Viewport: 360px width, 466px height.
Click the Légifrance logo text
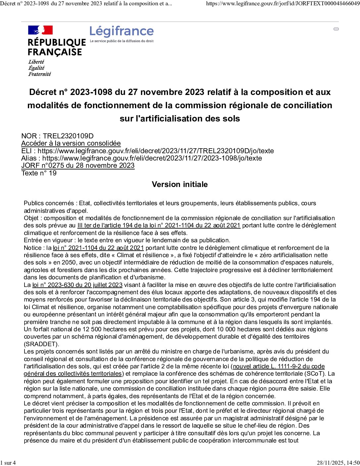[121, 31]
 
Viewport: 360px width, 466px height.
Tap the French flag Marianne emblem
[40, 30]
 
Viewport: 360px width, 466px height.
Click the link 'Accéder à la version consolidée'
[71, 143]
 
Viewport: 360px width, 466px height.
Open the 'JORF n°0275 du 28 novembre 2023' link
[78, 165]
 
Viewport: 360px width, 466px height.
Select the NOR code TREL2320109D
[68, 136]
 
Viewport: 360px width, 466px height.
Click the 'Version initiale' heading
[180, 184]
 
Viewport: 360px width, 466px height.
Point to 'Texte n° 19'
[39, 173]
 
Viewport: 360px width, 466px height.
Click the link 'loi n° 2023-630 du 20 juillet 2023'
[77, 285]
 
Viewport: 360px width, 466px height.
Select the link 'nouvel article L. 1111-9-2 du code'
[279, 366]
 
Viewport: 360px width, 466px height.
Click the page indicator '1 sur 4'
[8, 463]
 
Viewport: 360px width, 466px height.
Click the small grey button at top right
[336, 29]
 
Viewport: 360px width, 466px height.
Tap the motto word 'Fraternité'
[39, 74]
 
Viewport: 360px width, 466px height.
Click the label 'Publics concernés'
[49, 203]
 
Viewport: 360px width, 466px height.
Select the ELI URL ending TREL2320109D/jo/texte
[156, 151]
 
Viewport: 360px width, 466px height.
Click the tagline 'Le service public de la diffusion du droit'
[122, 41]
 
